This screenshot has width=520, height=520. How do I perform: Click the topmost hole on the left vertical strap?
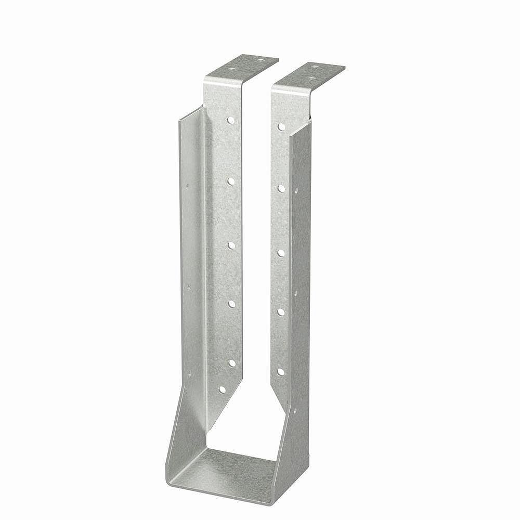(230, 120)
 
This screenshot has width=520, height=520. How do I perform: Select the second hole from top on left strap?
(230, 181)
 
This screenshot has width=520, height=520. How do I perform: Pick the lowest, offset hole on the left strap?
(222, 389)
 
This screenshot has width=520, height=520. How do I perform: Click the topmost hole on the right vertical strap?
(281, 126)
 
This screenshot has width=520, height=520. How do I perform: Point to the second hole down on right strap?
(281, 188)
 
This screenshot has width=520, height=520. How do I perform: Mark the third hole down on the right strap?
(281, 253)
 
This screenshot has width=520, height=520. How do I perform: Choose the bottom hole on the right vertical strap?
(281, 372)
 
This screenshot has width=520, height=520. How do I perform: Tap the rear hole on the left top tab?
(260, 60)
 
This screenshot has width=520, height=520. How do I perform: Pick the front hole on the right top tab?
(311, 79)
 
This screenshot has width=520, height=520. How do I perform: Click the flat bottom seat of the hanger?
(229, 473)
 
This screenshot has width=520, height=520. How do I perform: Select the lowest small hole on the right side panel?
(295, 411)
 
